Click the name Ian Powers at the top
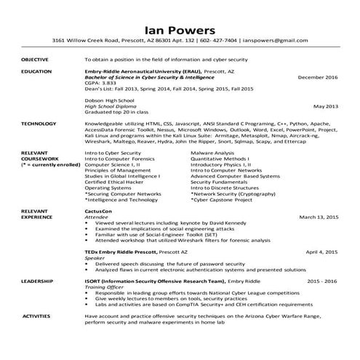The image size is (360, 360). point(180,31)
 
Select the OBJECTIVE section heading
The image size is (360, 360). point(35,59)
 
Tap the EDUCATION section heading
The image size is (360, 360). point(36,71)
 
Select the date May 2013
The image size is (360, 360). point(326,106)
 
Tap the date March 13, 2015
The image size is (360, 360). point(319,217)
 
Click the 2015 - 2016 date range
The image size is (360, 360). point(323,280)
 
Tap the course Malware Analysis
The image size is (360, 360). point(212,153)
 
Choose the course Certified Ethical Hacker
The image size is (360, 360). point(112,181)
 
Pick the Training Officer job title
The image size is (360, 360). point(101,287)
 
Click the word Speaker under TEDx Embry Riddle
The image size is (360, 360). point(95,257)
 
